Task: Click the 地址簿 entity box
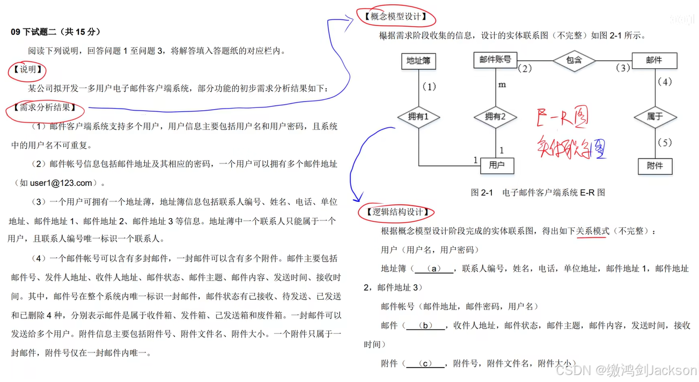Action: (x=418, y=61)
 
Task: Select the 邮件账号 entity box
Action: (x=495, y=60)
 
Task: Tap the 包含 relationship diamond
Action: (x=574, y=60)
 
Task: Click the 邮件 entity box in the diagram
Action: (x=654, y=60)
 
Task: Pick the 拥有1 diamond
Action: (x=418, y=116)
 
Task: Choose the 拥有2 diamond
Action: (x=495, y=116)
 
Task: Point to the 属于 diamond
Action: (x=654, y=116)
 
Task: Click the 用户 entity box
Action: (x=497, y=165)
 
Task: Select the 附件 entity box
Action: (x=654, y=166)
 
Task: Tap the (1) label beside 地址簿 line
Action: (x=429, y=87)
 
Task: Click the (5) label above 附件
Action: (x=664, y=143)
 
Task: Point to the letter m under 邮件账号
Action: (x=502, y=85)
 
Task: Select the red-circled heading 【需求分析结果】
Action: (x=45, y=107)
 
